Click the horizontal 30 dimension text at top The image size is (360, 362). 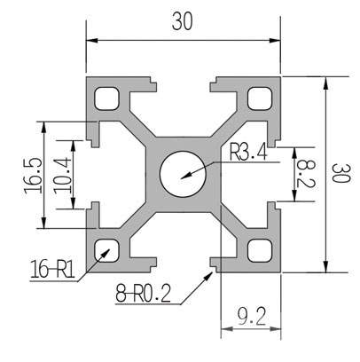click(x=183, y=22)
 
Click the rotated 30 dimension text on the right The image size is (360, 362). click(x=340, y=173)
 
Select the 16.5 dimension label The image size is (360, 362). click(x=33, y=176)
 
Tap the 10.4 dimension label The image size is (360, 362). click(x=63, y=176)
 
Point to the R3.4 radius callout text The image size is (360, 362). click(x=249, y=153)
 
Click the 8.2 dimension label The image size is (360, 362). click(x=306, y=173)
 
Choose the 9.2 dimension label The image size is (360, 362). click(x=252, y=316)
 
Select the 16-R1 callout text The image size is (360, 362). click(x=52, y=269)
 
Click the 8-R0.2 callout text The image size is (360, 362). click(x=144, y=293)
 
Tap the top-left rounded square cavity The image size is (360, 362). click(x=107, y=98)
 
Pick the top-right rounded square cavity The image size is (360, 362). click(x=260, y=98)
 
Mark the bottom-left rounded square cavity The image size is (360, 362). click(x=107, y=250)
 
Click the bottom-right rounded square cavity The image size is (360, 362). click(x=260, y=250)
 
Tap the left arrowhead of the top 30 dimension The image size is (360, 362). click(x=92, y=41)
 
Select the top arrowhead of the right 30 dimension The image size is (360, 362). click(x=325, y=83)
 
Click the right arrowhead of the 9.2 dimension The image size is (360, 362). click(x=275, y=328)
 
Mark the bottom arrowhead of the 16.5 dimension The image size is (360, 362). click(x=43, y=223)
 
